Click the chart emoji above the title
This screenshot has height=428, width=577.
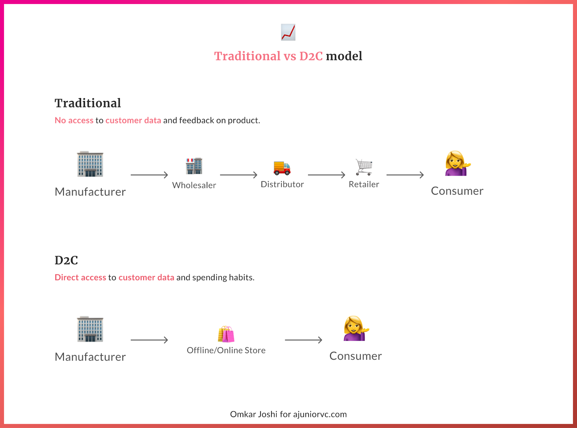pos(288,32)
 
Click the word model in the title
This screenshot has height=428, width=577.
pos(344,56)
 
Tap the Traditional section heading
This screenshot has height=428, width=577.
pos(88,103)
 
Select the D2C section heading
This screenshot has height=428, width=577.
pos(66,260)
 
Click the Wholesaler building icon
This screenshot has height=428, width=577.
pos(194,166)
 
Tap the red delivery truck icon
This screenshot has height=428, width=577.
pos(282,168)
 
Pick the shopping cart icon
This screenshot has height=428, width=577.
pos(364,167)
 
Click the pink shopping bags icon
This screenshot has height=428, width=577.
pos(226,334)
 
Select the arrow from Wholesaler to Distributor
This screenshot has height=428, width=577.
pos(239,175)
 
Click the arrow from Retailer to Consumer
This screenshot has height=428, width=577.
pos(405,175)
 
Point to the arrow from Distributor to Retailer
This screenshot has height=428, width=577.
pos(326,175)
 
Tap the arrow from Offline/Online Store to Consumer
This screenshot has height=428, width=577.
pos(303,340)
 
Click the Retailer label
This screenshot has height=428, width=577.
pos(364,184)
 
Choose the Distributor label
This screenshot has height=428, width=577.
pos(282,184)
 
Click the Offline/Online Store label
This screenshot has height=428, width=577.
pos(226,350)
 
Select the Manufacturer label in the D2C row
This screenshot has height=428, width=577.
pos(90,357)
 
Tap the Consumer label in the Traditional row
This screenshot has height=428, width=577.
pos(457,191)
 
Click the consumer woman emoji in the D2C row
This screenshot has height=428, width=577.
pos(356,328)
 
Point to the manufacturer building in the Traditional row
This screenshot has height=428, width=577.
pos(90,164)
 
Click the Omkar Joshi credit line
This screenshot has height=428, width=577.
pos(288,414)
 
